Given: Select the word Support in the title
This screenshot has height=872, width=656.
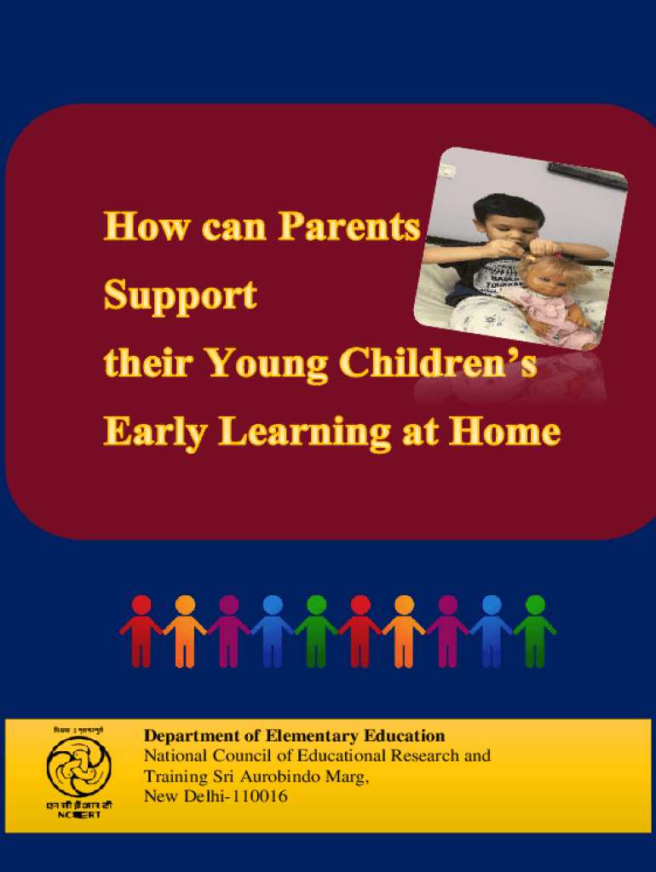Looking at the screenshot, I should click(180, 297).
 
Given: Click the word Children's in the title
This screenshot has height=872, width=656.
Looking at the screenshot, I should click(438, 364).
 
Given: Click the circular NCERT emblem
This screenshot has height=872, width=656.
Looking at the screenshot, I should click(78, 766).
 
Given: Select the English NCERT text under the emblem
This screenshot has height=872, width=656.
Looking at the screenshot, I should click(78, 816).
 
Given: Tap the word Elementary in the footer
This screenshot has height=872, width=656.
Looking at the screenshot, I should click(314, 736).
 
